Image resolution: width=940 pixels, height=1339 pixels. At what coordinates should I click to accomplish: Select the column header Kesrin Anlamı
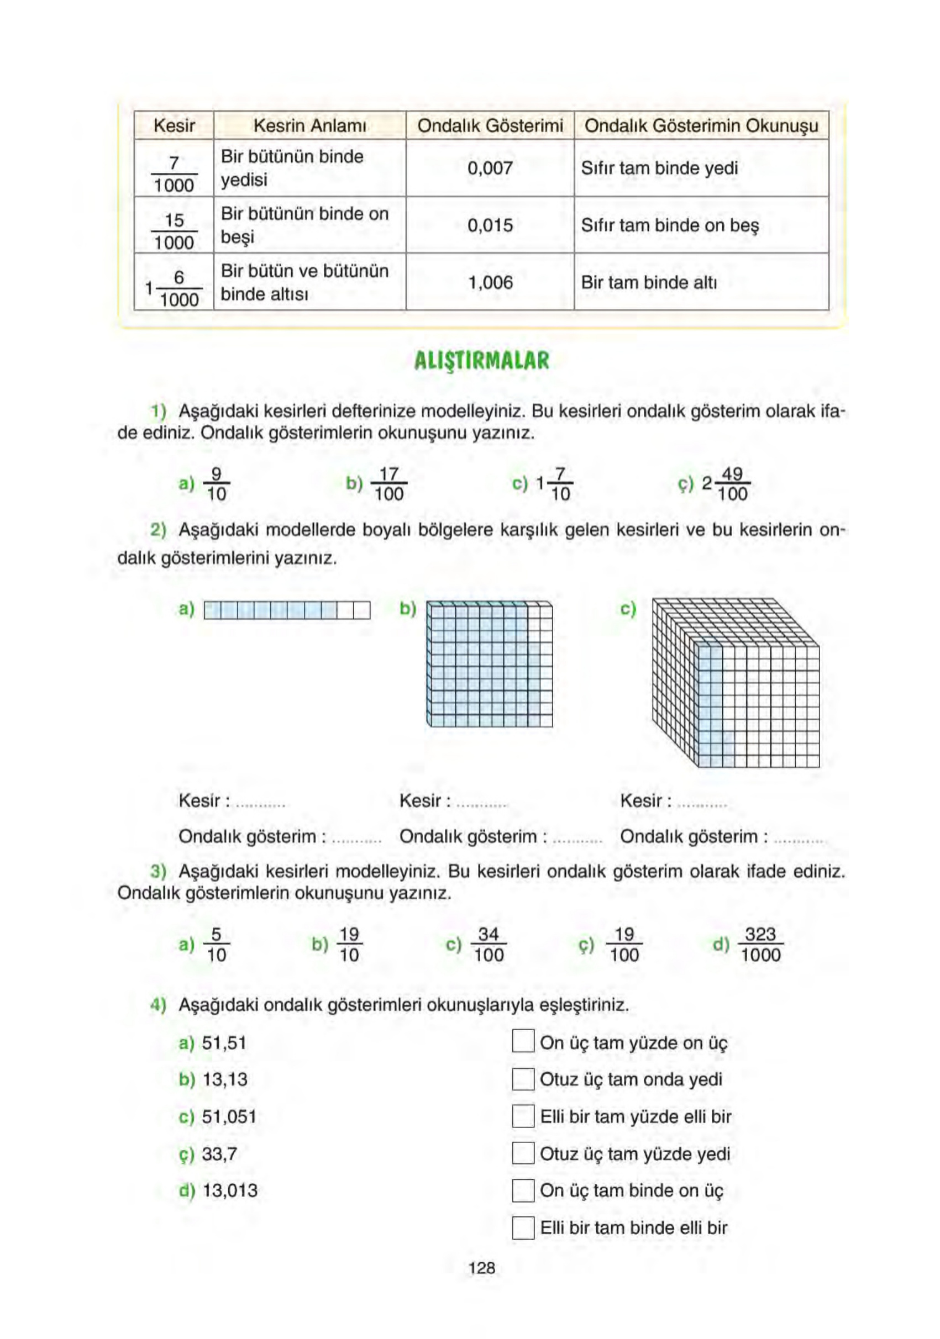pyautogui.click(x=309, y=125)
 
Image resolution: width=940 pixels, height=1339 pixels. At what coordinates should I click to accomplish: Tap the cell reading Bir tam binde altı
pyautogui.click(x=648, y=282)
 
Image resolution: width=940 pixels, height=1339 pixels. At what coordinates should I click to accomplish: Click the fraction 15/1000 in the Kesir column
pyautogui.click(x=174, y=231)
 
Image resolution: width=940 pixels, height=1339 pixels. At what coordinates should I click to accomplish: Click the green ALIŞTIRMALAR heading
pyautogui.click(x=481, y=360)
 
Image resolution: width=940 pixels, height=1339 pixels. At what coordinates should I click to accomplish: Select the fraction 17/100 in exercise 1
pyautogui.click(x=388, y=483)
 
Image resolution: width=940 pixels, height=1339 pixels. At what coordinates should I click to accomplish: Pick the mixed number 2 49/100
pyautogui.click(x=725, y=483)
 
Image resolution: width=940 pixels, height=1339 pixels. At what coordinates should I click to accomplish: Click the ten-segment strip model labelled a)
pyautogui.click(x=286, y=610)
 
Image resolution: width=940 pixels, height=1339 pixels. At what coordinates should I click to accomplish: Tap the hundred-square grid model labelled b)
pyautogui.click(x=489, y=663)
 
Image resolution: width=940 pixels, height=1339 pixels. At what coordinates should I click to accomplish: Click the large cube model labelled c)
pyautogui.click(x=735, y=682)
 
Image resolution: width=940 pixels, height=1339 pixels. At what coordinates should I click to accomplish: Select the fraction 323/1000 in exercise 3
pyautogui.click(x=760, y=944)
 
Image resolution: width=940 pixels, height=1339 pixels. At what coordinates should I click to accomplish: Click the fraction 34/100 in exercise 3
pyautogui.click(x=489, y=944)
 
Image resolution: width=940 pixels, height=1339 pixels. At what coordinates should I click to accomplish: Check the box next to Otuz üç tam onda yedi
pyautogui.click(x=523, y=1079)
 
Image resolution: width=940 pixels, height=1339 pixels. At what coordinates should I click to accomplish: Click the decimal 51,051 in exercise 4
pyautogui.click(x=229, y=1116)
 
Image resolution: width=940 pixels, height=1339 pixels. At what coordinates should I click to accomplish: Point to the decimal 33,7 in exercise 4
pyautogui.click(x=219, y=1153)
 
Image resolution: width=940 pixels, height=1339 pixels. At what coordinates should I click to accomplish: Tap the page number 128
pyautogui.click(x=481, y=1267)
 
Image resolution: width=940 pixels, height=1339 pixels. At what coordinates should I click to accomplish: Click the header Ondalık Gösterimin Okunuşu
pyautogui.click(x=701, y=125)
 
